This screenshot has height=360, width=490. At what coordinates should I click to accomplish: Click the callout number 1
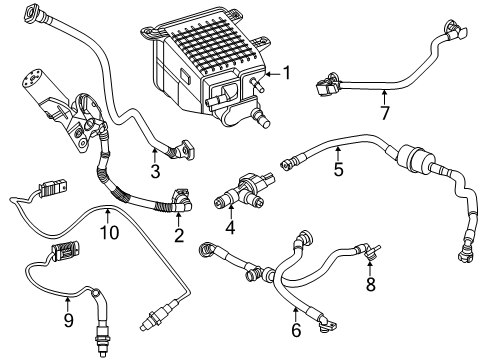tap(287, 72)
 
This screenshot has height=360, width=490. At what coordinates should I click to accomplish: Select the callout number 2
tap(178, 236)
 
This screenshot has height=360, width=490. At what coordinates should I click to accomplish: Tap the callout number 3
tap(154, 173)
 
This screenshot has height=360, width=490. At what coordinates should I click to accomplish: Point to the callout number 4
tap(231, 229)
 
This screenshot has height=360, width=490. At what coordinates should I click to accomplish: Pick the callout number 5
tap(338, 170)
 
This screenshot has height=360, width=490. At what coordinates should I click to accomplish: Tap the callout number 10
tap(107, 233)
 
